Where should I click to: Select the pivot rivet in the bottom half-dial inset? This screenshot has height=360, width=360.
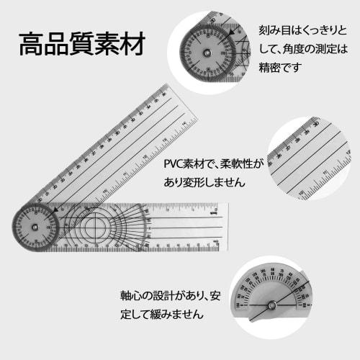click(271, 305)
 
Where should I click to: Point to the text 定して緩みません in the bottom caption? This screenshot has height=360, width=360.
click(163, 315)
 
